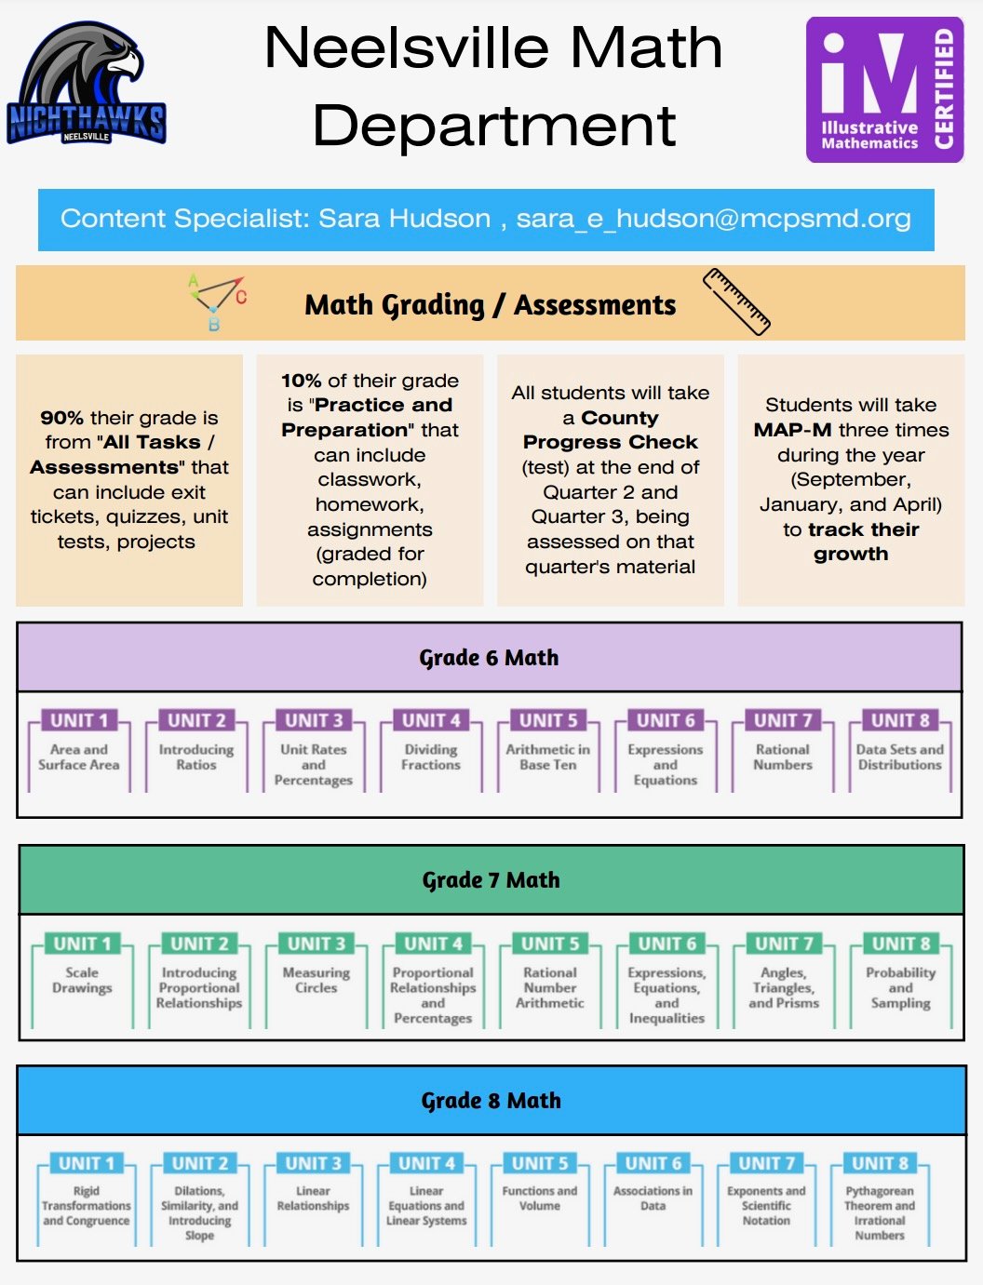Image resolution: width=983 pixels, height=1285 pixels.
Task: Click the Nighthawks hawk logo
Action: [86, 83]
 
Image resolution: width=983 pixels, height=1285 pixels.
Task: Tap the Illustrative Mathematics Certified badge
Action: [884, 89]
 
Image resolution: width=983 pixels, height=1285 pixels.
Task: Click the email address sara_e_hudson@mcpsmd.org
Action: [713, 219]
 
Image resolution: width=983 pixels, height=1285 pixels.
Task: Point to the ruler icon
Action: [736, 301]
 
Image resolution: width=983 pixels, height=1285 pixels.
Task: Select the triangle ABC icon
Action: [217, 301]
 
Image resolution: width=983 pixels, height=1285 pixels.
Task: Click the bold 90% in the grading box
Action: [62, 418]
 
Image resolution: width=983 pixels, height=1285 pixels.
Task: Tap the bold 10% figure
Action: [301, 381]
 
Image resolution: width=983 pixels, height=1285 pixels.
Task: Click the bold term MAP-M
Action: [792, 430]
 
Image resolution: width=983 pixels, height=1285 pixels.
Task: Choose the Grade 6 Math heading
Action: [489, 658]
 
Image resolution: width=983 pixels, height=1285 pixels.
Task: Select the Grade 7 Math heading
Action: [491, 880]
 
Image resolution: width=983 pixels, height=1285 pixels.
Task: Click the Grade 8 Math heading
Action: [491, 1101]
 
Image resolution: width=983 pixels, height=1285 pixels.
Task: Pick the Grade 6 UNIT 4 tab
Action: [431, 720]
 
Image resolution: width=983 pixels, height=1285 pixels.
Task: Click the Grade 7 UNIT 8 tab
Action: [901, 944]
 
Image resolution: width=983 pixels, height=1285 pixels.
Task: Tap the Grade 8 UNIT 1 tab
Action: [86, 1163]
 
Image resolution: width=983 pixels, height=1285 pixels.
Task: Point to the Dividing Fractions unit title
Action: [431, 757]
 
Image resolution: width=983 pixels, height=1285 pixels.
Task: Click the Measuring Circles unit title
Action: [316, 980]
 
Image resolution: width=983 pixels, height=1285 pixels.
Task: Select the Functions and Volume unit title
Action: [540, 1198]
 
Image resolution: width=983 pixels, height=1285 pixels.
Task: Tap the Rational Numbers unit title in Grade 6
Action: [783, 757]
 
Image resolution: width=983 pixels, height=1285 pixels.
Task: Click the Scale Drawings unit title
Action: [82, 980]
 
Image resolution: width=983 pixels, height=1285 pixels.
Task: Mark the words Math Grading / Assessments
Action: [491, 305]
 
